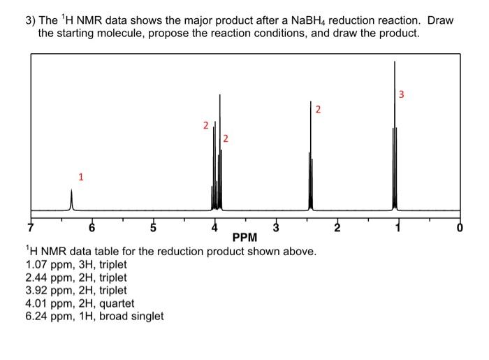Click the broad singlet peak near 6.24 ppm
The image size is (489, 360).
71,200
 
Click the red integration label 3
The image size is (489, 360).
402,94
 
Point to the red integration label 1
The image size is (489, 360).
80,177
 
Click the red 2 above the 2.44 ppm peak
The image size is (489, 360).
319,110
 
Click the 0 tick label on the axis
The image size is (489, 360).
459,226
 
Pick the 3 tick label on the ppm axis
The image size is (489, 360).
276,226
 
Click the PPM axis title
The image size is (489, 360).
245,238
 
